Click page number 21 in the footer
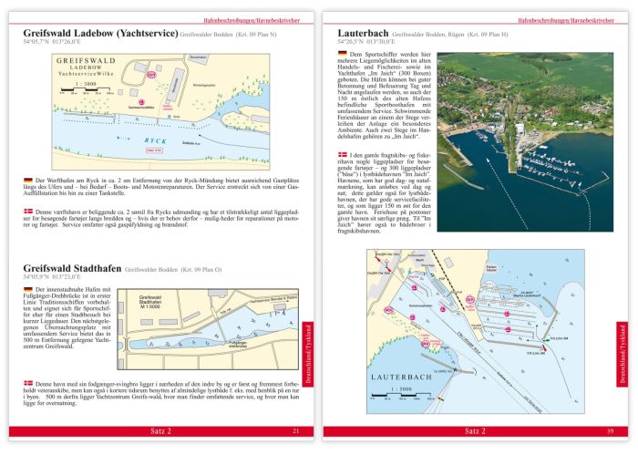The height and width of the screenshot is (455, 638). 294,430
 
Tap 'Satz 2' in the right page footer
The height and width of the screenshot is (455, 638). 475,430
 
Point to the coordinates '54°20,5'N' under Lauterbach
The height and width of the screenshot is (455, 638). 339,44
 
